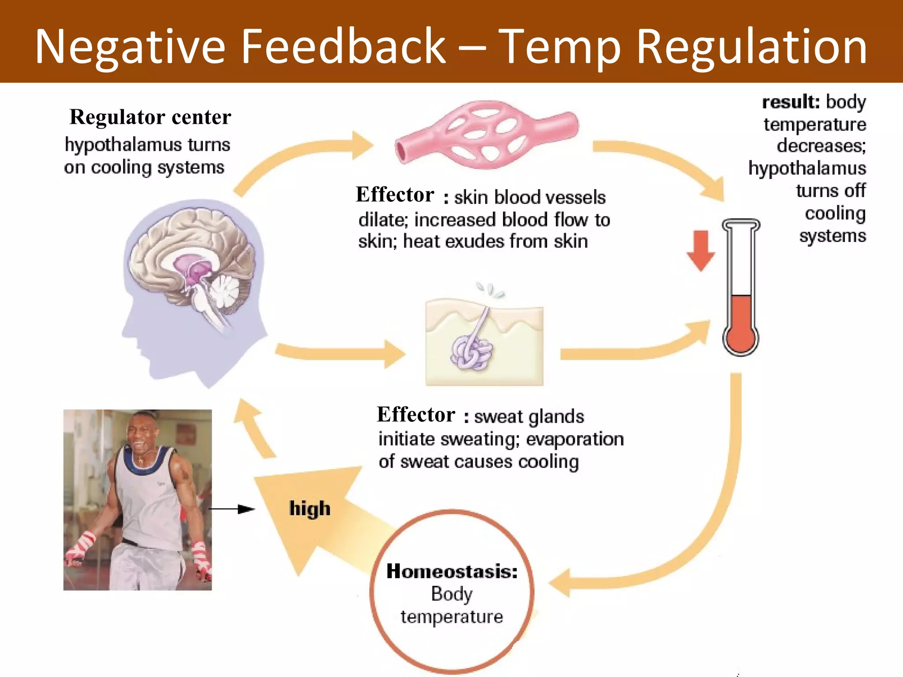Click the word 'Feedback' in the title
point(343,46)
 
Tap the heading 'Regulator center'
point(150,117)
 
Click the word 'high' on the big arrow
point(310,509)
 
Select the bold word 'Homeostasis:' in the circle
point(452,571)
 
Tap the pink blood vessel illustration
point(487,134)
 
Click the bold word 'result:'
point(791,102)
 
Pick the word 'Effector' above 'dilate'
point(395,195)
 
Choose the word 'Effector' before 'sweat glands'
point(416,415)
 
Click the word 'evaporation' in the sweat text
point(575,439)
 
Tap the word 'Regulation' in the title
point(752,46)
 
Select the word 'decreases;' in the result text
point(821,146)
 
